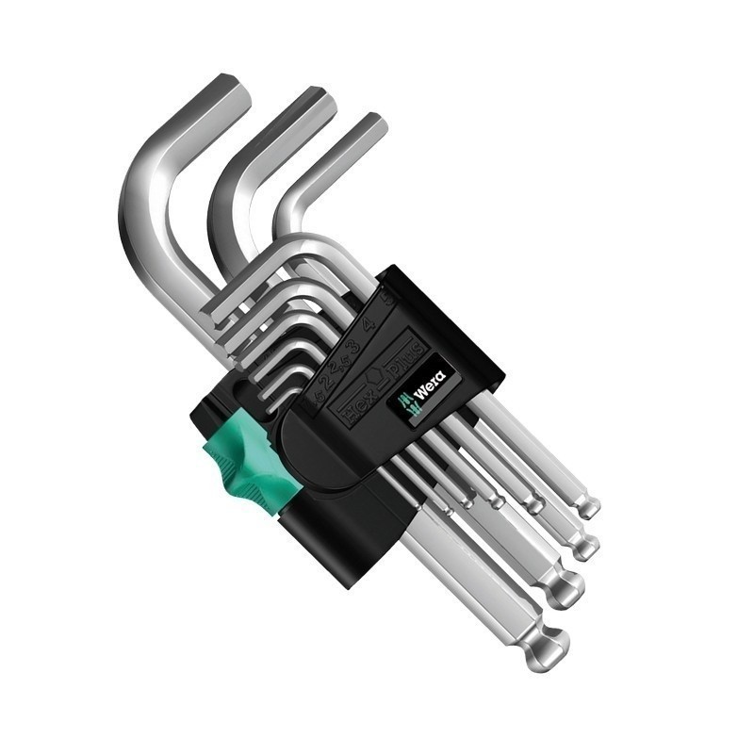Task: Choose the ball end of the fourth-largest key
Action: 588,508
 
